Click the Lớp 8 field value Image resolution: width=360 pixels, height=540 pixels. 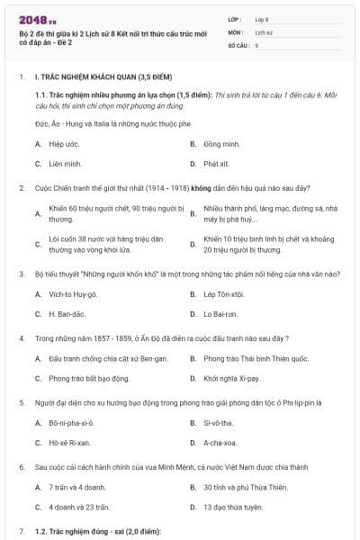262,18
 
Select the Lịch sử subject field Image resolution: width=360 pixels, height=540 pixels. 263,31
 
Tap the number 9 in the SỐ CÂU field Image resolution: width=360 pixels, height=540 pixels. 257,43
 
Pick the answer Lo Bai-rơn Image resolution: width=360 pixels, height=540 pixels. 220,315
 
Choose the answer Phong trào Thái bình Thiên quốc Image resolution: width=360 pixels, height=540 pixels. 249,358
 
